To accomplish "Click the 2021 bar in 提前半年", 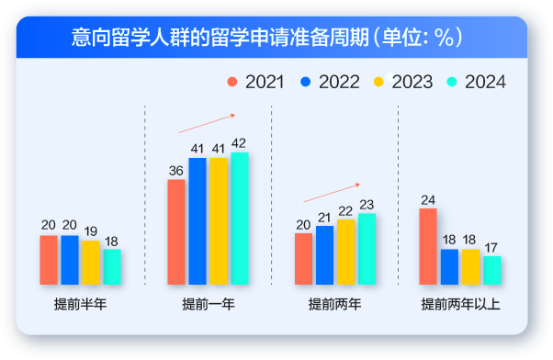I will coord(49,260).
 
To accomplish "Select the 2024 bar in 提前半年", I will coord(112,266).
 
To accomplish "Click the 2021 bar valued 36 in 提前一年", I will coord(176,231).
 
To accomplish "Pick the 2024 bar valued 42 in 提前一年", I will coord(239,218).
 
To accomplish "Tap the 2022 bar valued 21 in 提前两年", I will coord(324,254).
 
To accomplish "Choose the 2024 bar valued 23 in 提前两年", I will coord(367,248).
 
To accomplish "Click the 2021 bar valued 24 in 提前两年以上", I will coord(428,246).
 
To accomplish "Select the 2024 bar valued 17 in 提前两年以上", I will coord(492,270).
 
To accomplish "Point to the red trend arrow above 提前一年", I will coord(207,123).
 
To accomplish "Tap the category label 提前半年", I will coord(80,304).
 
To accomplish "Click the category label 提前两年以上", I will coord(459,304).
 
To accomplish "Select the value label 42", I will coord(239,143).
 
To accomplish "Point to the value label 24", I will coord(428,200).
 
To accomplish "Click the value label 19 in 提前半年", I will coord(91,231).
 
